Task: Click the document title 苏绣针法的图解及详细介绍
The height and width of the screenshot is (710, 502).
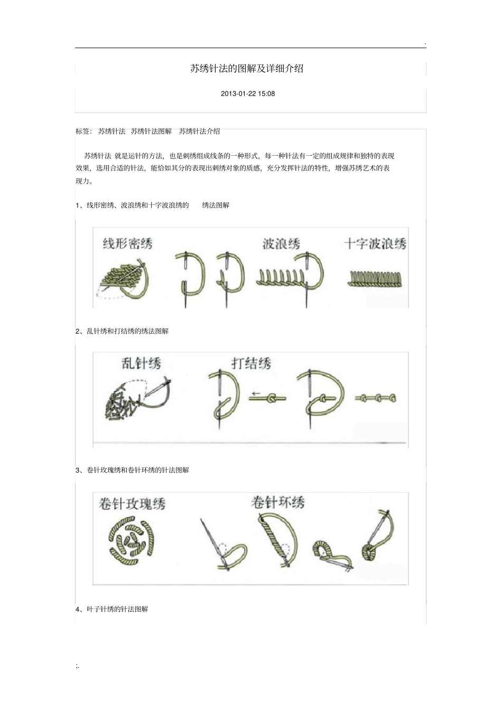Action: coord(247,69)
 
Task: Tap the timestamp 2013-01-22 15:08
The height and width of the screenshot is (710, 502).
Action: coord(248,94)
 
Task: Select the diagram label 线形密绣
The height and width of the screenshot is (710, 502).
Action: coord(127,244)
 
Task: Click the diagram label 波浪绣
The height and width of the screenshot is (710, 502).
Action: coord(281,244)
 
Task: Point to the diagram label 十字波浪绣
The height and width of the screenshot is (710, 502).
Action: coord(375,244)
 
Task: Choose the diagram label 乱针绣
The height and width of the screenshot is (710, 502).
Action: coord(141,363)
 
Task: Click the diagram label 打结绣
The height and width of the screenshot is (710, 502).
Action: coord(251,363)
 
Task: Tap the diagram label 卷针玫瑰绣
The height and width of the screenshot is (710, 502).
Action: coord(132,504)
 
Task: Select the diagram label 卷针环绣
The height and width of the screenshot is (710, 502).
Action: coord(278,503)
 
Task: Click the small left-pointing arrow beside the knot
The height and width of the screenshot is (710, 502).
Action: coord(255,394)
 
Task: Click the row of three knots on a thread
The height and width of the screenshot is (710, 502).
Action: coord(376,398)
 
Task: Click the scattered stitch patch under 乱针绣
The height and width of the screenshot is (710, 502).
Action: coord(124,403)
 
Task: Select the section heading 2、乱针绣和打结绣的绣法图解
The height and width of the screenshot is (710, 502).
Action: coord(122,331)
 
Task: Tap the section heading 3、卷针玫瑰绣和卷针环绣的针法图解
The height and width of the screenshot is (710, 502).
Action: coord(132,470)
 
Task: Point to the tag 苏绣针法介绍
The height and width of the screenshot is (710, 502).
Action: coord(200,131)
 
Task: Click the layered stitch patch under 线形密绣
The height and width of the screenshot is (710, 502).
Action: coord(122,275)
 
